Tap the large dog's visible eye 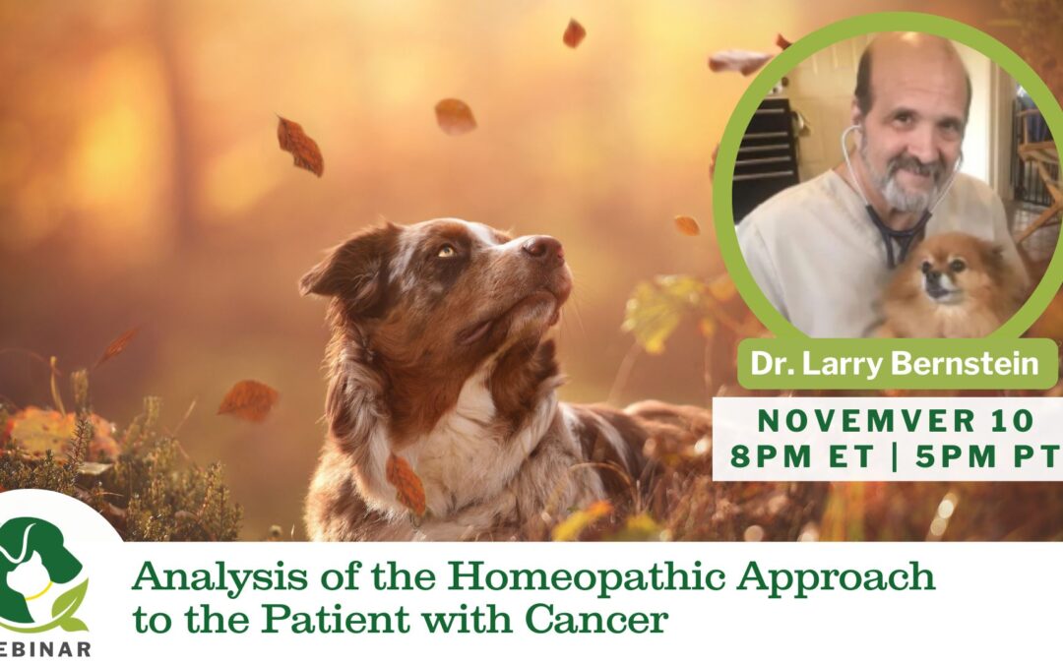pyautogui.click(x=446, y=251)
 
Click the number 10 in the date pyautogui.click(x=1011, y=421)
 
